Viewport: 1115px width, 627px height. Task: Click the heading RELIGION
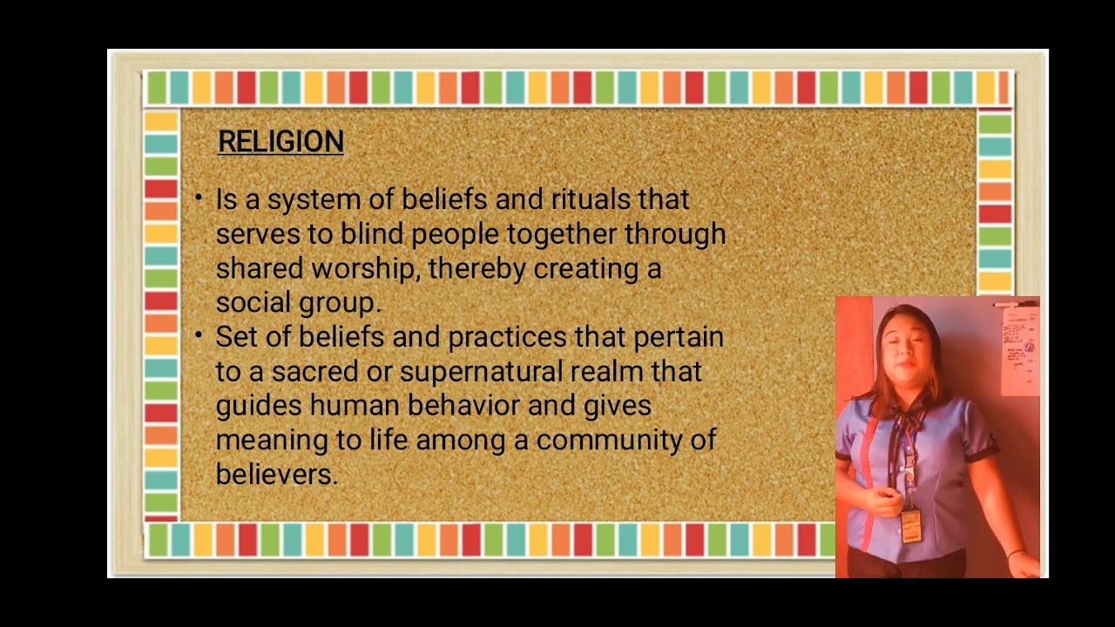point(280,142)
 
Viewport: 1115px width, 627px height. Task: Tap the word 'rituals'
point(591,199)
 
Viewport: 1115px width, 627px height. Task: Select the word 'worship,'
point(365,268)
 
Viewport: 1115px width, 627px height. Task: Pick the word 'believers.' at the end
point(276,475)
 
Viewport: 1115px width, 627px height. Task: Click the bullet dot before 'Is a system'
point(199,198)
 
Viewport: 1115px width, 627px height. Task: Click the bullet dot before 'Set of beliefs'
point(199,335)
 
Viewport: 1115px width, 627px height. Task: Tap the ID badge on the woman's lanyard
point(910,524)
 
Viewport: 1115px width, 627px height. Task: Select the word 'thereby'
point(476,268)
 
